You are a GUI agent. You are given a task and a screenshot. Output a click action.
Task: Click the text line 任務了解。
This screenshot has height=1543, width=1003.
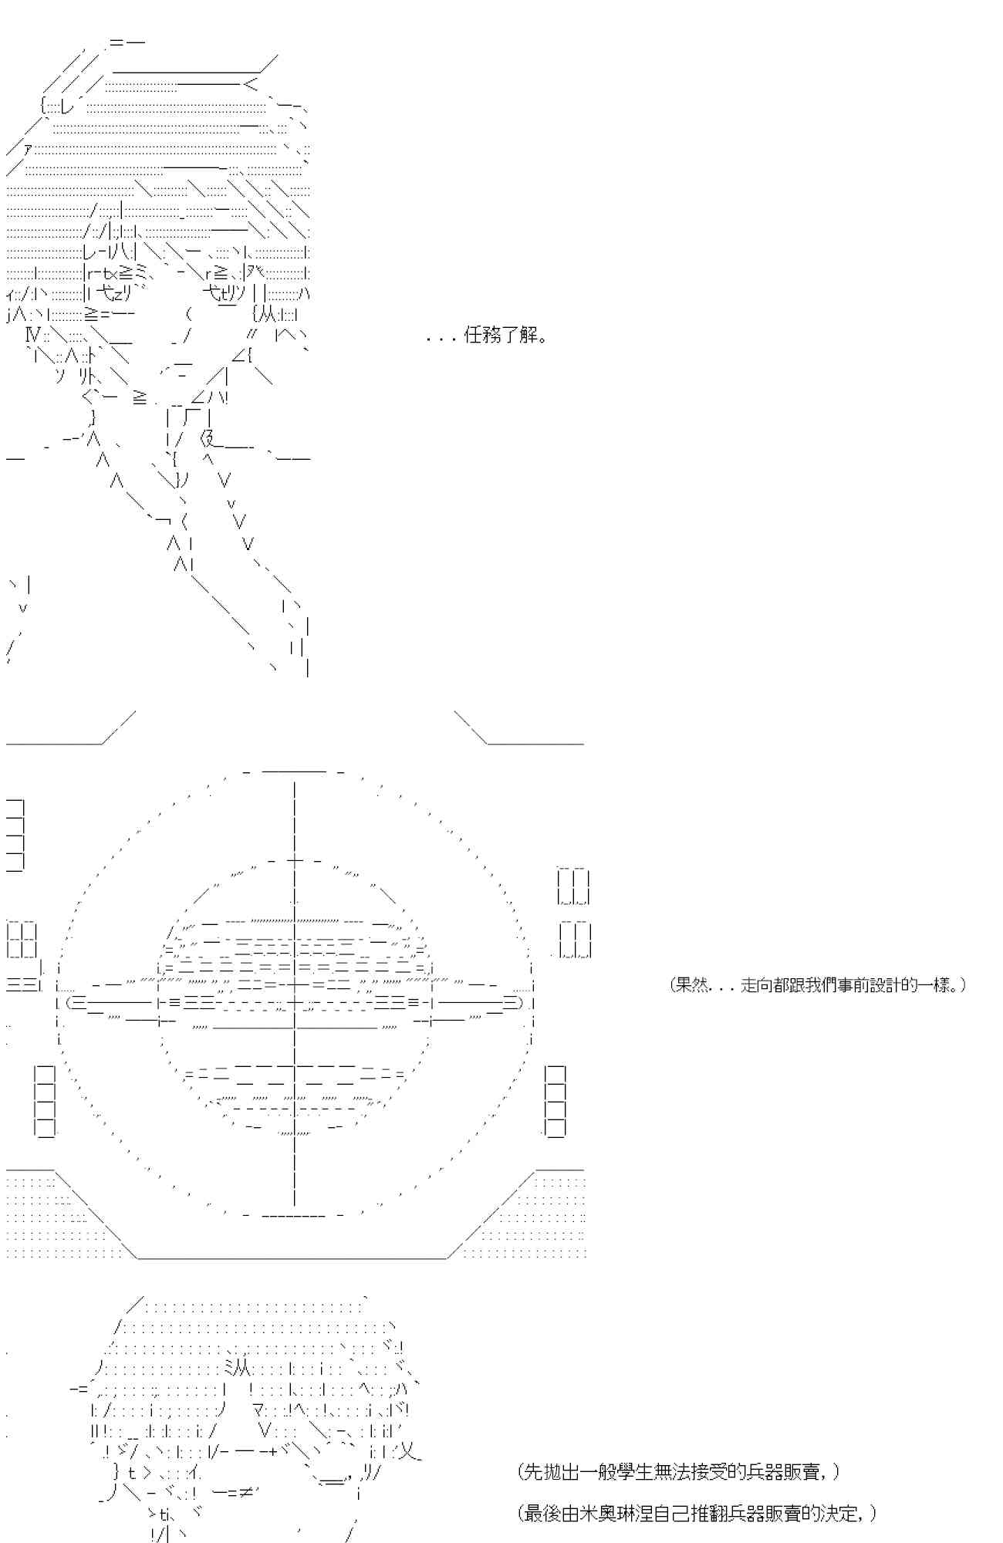coord(488,336)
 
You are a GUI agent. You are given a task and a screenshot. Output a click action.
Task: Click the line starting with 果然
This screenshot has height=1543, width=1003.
coord(817,985)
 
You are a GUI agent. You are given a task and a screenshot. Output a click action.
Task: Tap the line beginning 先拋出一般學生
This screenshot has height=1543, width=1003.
coord(679,1472)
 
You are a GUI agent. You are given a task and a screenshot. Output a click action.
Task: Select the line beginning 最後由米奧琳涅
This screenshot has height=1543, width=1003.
coord(699,1513)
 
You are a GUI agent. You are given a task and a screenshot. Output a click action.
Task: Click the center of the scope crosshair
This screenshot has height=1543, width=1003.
coord(294,1003)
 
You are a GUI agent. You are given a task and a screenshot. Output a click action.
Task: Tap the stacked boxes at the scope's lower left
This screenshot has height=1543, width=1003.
coord(45,1101)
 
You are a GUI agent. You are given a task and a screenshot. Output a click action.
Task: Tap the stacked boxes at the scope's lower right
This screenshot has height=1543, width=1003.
coord(555,1101)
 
